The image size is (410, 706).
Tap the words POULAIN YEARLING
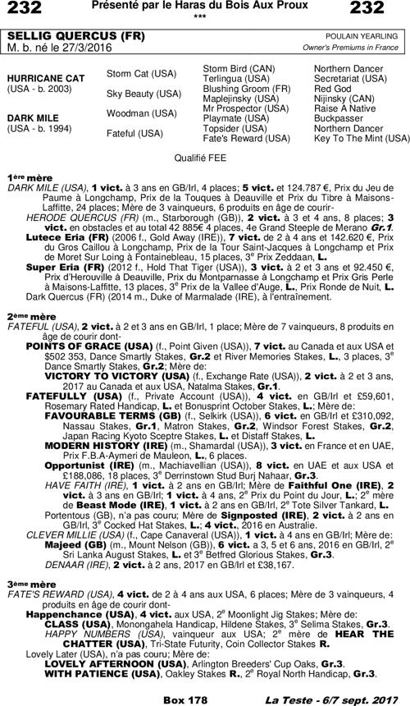pos(364,36)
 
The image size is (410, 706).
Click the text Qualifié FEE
pos(203,154)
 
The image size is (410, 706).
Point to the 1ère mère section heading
pos(23,176)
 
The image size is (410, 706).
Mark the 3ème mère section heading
pos(24,605)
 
